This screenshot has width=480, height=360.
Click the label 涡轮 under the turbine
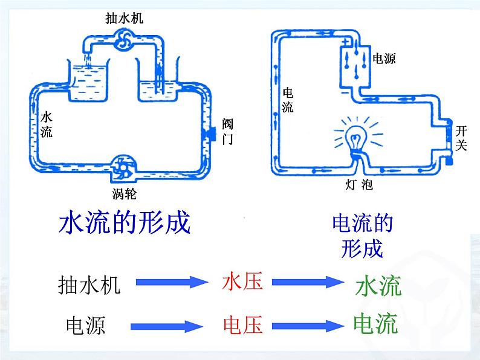click(124, 193)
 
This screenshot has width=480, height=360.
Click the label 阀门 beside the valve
click(227, 132)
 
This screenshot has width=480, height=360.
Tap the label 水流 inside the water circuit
click(47, 124)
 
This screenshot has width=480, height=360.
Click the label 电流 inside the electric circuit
click(288, 100)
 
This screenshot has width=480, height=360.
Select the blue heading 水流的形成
click(124, 223)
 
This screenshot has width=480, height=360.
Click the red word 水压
click(242, 281)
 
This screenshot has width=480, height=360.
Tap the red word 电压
click(242, 326)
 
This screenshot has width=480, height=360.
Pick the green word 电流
click(375, 323)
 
